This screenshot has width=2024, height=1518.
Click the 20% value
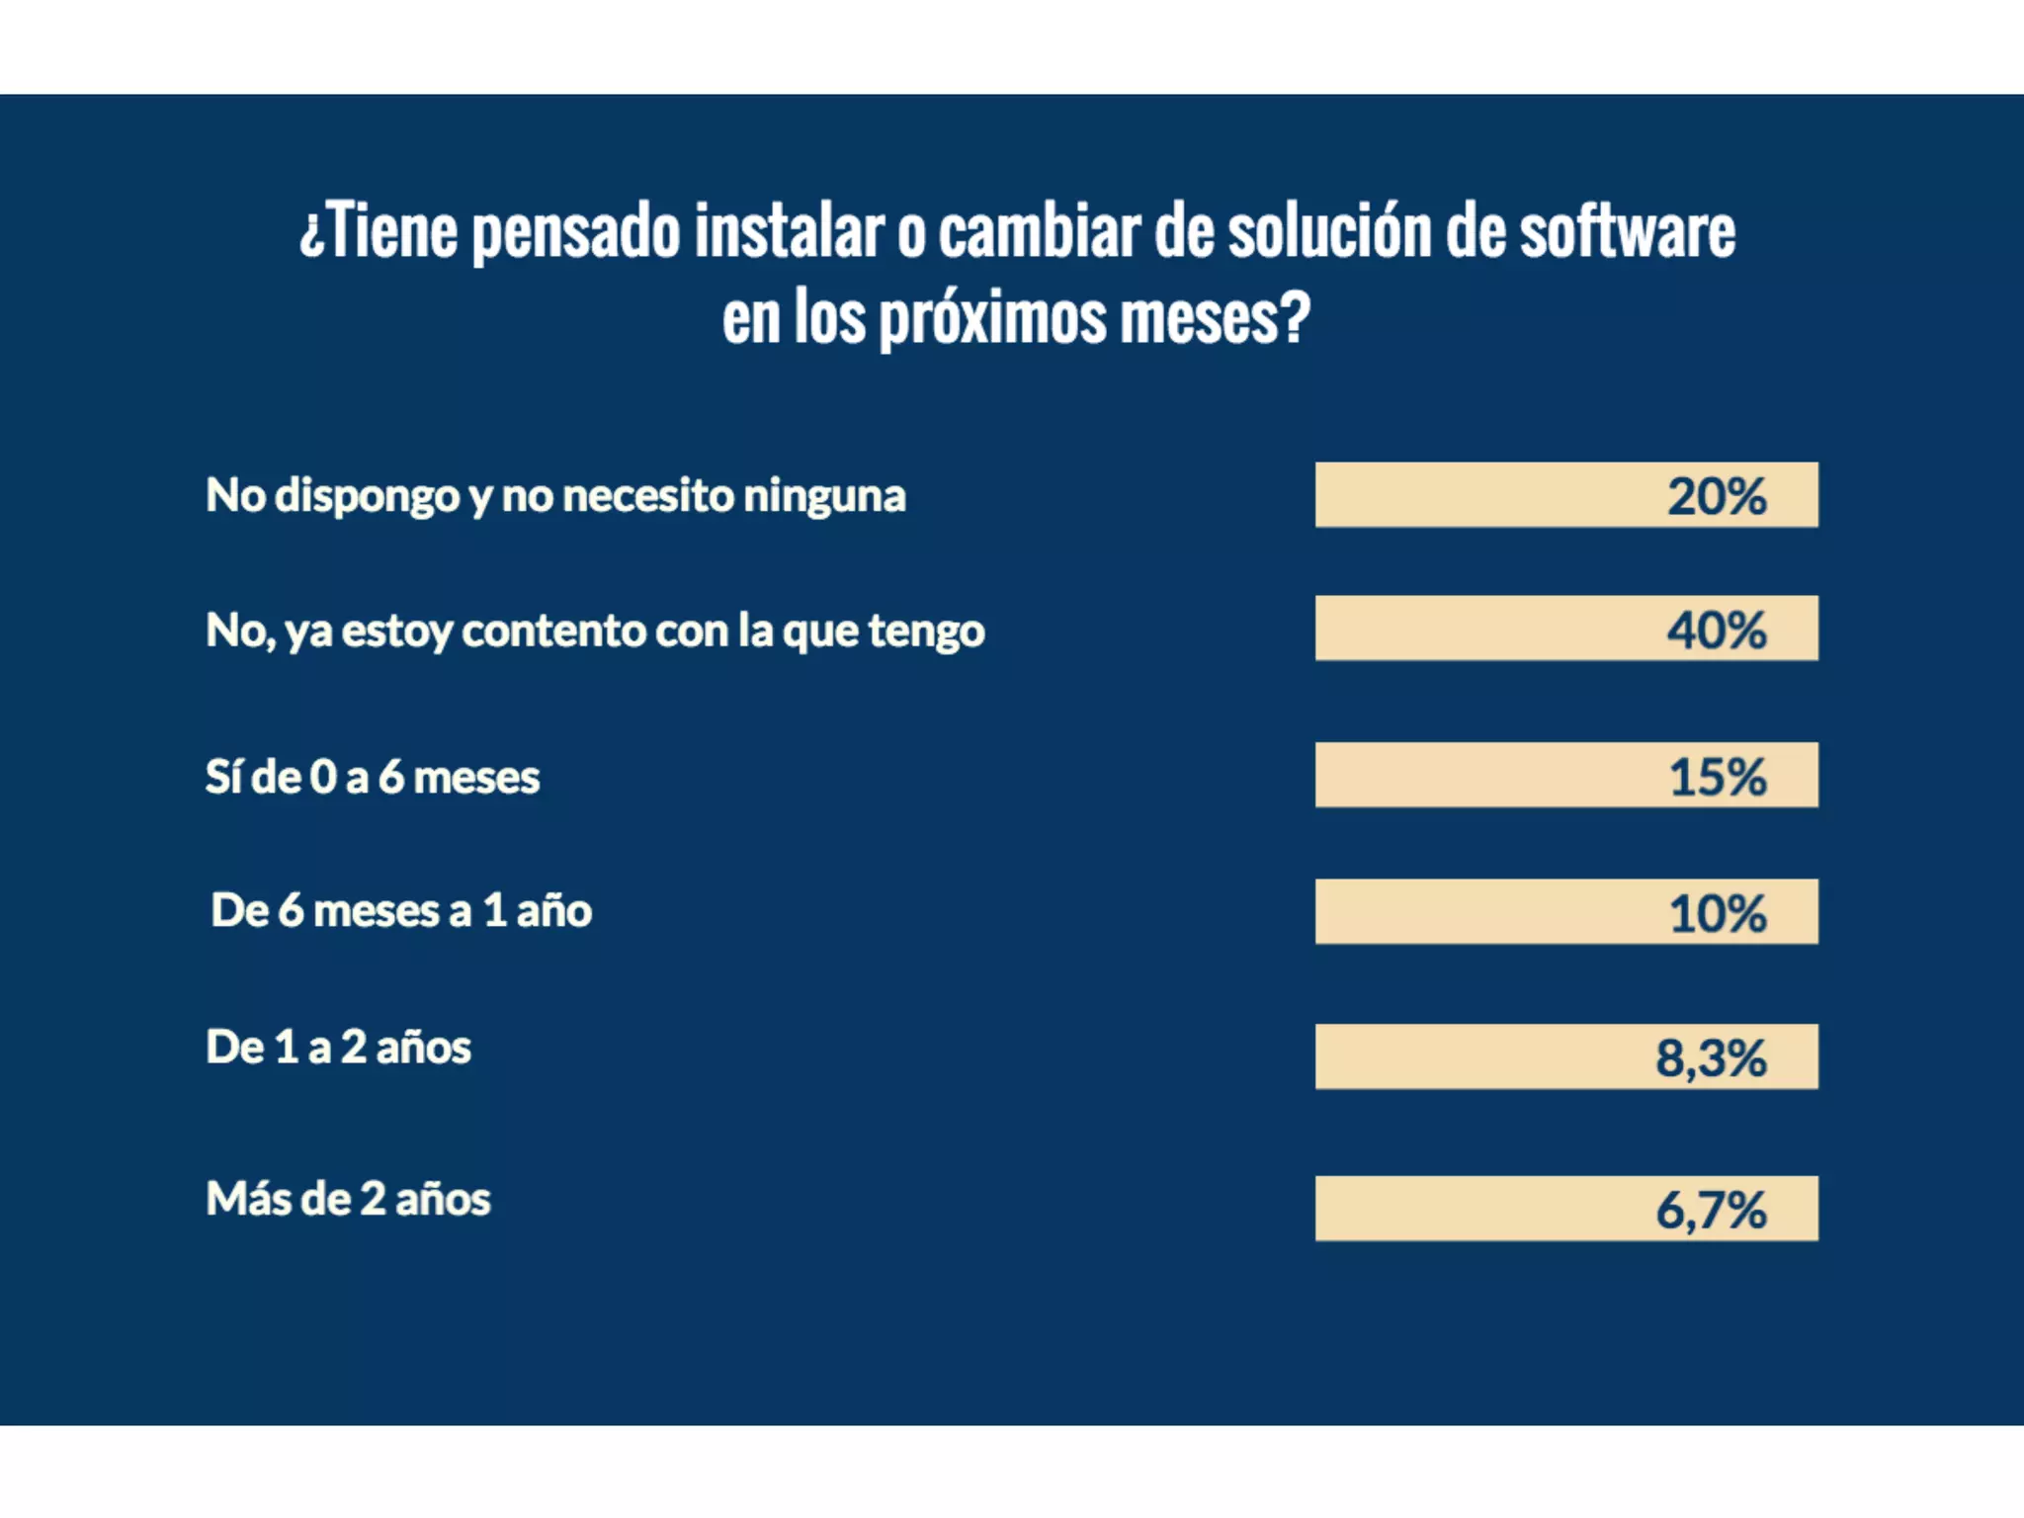click(x=1717, y=496)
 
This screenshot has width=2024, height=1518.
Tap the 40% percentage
click(x=1717, y=630)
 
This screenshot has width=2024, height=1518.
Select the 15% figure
click(x=1718, y=777)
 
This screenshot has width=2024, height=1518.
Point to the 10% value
click(x=1718, y=913)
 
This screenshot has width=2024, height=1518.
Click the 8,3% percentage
click(x=1711, y=1058)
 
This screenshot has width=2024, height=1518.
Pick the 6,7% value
click(x=1711, y=1210)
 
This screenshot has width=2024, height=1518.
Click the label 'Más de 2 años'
click(x=348, y=1199)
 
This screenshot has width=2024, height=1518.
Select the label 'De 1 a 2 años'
click(x=338, y=1047)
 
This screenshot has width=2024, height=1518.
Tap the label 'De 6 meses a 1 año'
click(x=401, y=910)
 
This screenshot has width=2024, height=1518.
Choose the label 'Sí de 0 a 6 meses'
click(x=373, y=777)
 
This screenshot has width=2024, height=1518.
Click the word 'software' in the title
click(x=1627, y=232)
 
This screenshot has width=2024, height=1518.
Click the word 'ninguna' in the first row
click(x=824, y=495)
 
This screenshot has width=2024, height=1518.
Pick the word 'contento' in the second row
click(x=553, y=631)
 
